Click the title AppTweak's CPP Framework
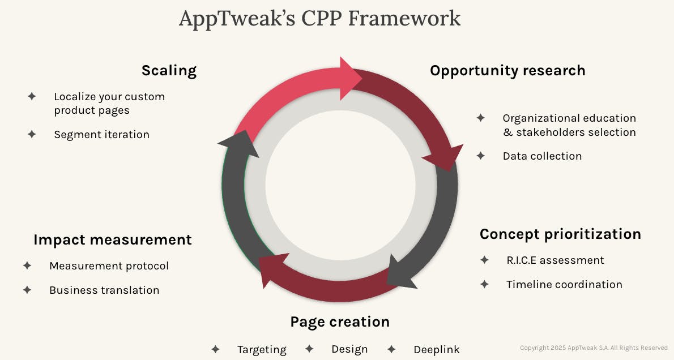click(319, 18)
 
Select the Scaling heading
click(169, 71)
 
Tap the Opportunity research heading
click(507, 71)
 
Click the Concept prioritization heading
click(560, 234)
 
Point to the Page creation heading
click(340, 322)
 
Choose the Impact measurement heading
click(113, 239)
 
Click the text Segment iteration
click(102, 135)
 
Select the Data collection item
click(542, 156)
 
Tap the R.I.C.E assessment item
click(555, 260)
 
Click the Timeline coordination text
click(564, 285)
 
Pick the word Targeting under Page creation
click(262, 350)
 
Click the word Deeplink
click(437, 350)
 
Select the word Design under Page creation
click(349, 349)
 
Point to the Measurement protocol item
click(109, 266)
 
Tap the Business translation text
click(104, 290)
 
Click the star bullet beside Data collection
click(481, 156)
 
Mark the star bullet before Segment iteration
click(32, 134)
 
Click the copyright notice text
click(594, 348)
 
